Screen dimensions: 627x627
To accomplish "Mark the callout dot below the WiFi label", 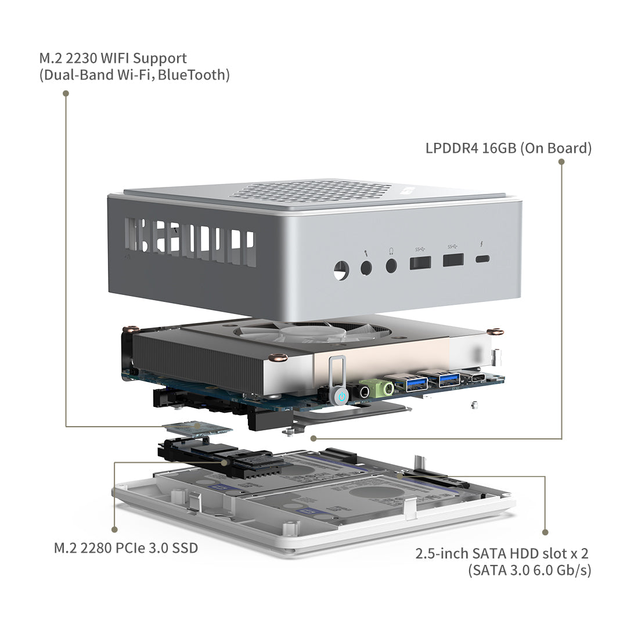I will pyautogui.click(x=66, y=93).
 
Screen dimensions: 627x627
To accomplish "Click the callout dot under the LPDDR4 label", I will pyautogui.click(x=561, y=162).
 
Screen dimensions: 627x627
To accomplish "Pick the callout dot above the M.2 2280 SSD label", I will pyautogui.click(x=114, y=529).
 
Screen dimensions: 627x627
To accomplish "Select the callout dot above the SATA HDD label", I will pyautogui.click(x=545, y=531).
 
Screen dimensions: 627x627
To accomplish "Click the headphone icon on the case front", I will pyautogui.click(x=391, y=251).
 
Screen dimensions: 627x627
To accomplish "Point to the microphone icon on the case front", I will pyautogui.click(x=366, y=252).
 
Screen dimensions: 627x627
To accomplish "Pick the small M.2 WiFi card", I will pyautogui.click(x=197, y=429).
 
